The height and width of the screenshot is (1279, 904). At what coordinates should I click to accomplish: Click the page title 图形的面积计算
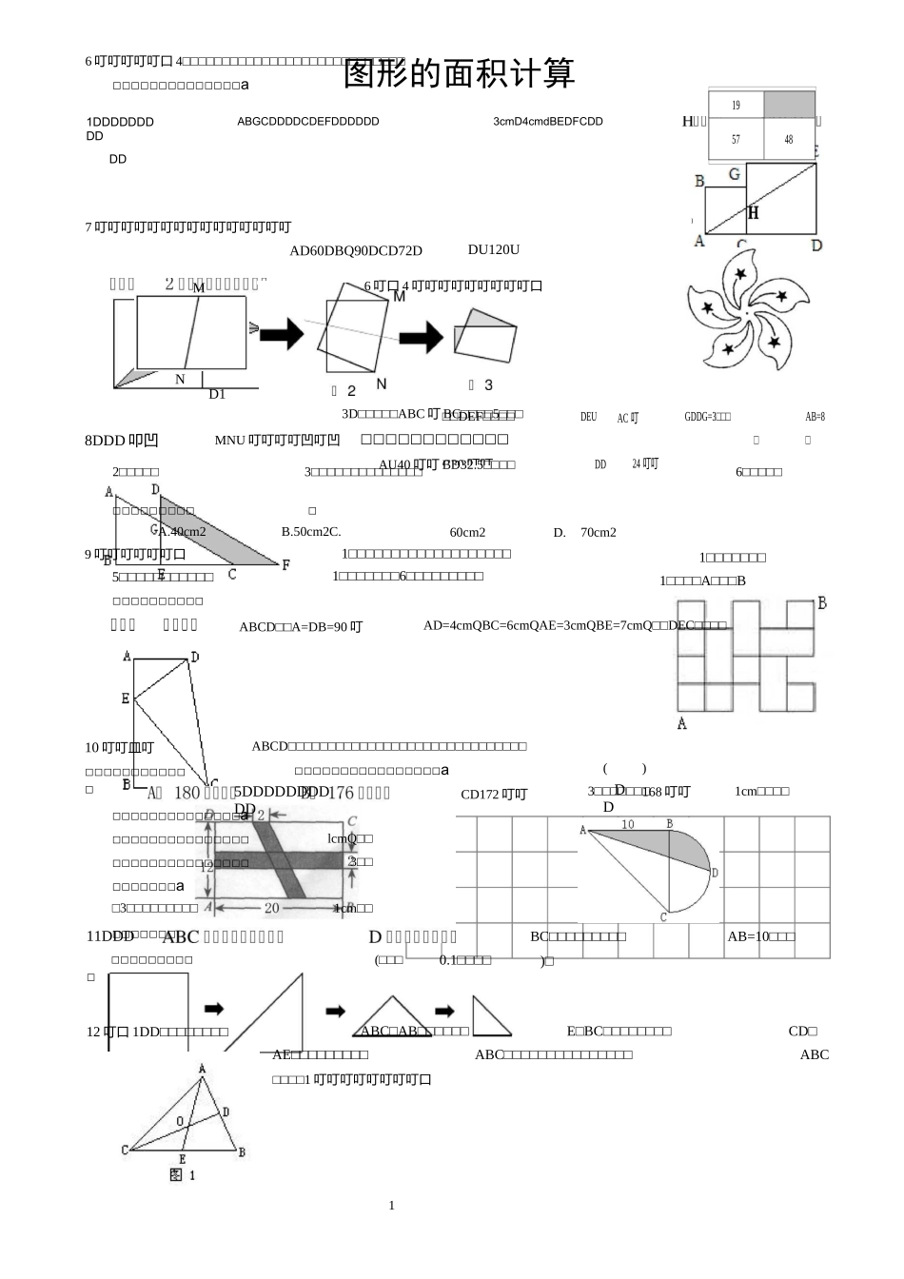coord(460,73)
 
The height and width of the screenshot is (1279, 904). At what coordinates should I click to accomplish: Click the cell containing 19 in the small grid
coord(736,105)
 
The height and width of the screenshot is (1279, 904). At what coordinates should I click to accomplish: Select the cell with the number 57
coord(736,139)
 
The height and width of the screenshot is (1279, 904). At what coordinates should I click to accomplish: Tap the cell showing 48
coord(789,139)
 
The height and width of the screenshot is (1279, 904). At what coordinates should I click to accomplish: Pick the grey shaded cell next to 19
coord(789,105)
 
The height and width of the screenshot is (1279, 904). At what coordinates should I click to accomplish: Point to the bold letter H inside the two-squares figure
coord(753,213)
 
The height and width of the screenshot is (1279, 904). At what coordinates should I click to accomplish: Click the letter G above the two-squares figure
coord(734,175)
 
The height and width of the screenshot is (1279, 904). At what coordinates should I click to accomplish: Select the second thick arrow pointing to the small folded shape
coord(421,336)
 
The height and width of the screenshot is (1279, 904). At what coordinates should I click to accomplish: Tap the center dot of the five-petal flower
coord(749,311)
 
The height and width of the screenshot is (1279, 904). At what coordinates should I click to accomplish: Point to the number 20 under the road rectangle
coord(272,908)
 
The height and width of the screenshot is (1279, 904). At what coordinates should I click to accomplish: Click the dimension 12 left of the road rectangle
coord(206,867)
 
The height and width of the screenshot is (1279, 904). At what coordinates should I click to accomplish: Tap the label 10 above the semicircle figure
coord(628,824)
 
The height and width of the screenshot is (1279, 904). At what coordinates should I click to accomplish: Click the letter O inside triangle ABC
coord(180,1122)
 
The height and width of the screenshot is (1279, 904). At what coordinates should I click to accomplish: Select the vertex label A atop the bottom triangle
coord(202,1069)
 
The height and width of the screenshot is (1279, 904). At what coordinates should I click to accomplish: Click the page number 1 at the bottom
coord(391,1206)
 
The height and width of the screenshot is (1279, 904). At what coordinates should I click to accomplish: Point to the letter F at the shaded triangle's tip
coord(285,564)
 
